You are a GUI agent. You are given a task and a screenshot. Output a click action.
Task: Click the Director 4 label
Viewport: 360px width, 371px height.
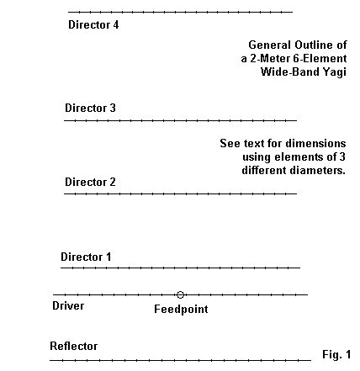(x=93, y=24)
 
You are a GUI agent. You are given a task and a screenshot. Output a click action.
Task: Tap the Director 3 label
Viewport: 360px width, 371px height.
(x=90, y=108)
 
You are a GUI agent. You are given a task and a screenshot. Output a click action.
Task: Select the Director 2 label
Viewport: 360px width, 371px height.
(x=90, y=182)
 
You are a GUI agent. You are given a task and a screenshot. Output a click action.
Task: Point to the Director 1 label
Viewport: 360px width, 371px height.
(x=86, y=257)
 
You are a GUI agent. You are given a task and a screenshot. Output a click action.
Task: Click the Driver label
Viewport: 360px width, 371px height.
(x=68, y=305)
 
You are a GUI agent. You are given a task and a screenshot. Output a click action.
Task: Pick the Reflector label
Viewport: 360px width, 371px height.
(x=74, y=346)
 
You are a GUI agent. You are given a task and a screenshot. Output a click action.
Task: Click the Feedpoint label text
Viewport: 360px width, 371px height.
(x=181, y=310)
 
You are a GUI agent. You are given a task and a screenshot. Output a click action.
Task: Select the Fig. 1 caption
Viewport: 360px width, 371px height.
(x=336, y=354)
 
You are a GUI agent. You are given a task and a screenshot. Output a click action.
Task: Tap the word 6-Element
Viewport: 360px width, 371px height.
(x=320, y=58)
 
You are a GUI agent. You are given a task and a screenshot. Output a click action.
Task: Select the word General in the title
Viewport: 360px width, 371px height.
(x=269, y=45)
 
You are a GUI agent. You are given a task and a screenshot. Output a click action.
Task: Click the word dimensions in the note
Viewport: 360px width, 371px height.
(x=318, y=143)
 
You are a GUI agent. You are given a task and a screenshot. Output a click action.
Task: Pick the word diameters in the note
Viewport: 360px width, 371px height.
(x=318, y=170)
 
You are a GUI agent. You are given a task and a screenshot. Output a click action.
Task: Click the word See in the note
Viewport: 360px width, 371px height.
(x=230, y=143)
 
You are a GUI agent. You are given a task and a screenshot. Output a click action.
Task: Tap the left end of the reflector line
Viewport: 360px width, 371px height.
(x=50, y=360)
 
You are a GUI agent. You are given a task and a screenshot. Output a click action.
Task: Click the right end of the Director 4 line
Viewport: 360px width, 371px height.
(x=293, y=12)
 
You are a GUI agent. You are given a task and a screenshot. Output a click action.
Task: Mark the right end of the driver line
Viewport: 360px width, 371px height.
(x=308, y=294)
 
